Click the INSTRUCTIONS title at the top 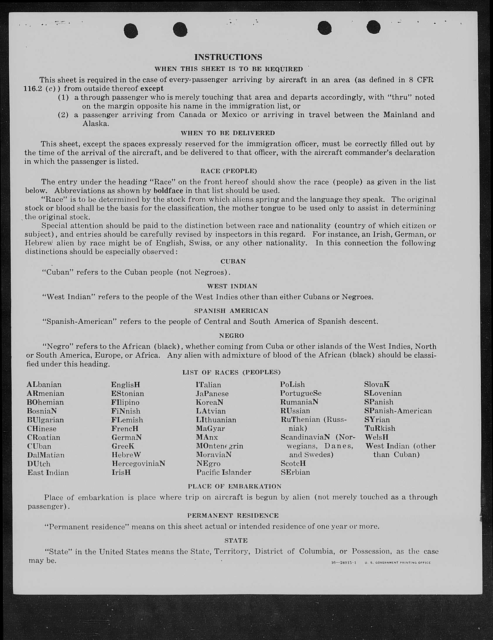[x=228, y=57]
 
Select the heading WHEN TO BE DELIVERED [x=228, y=133]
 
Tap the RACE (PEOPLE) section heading [x=228, y=171]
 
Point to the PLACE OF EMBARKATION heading [x=234, y=486]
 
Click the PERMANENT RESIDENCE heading [x=233, y=515]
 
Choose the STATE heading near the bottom [x=236, y=540]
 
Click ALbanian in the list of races [x=44, y=385]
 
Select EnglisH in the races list [x=126, y=385]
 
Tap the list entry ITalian [x=208, y=385]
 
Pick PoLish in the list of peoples [x=292, y=385]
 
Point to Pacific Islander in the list [x=224, y=472]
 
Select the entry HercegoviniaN [x=138, y=464]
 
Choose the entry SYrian [x=377, y=420]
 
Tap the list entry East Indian [x=48, y=473]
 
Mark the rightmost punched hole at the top [x=374, y=28]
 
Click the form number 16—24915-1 [x=343, y=563]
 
